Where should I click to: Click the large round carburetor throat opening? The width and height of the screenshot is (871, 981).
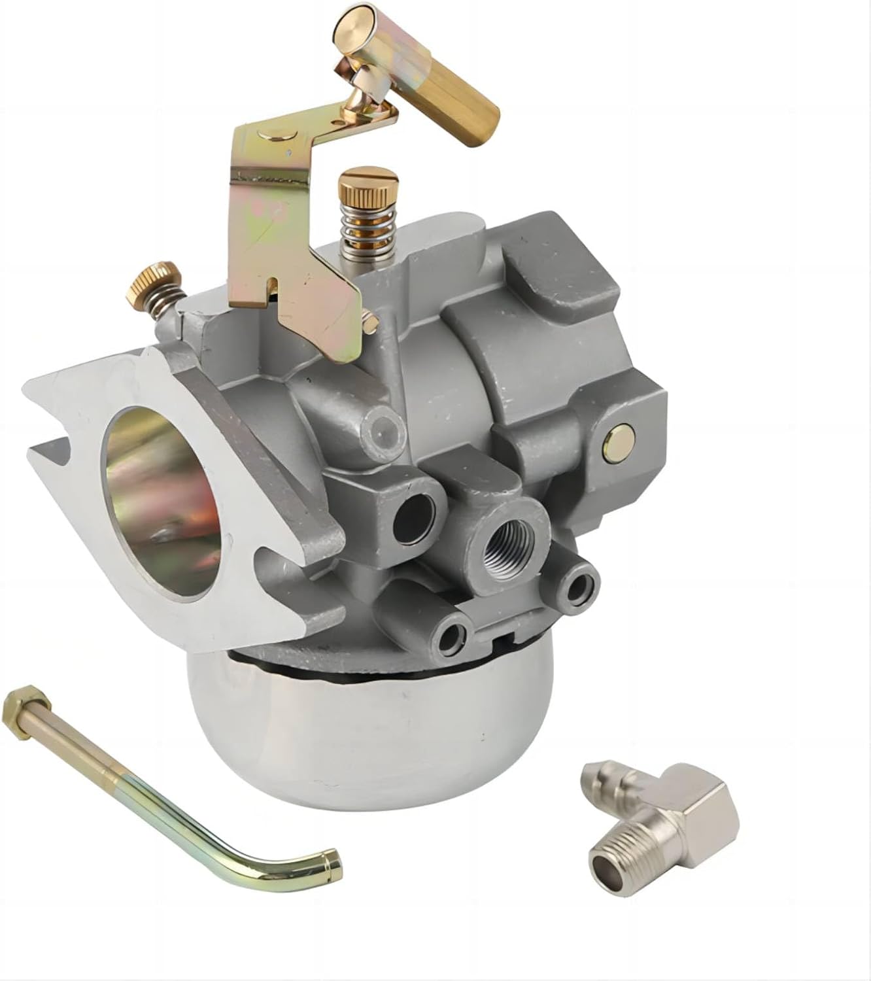pos(163,497)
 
